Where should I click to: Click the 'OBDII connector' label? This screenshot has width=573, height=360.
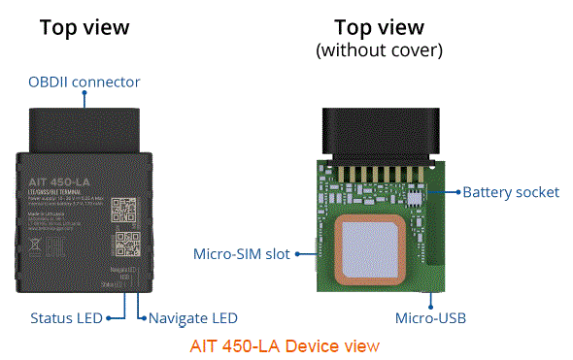[x=84, y=82]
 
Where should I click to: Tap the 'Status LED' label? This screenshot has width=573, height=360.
[x=68, y=317]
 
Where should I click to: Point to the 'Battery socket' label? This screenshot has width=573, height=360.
[x=511, y=192]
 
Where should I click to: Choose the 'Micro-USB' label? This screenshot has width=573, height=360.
[x=428, y=317]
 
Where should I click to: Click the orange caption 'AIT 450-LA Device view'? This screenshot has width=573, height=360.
[x=285, y=345]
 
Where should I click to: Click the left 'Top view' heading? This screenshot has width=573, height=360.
[x=84, y=27]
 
